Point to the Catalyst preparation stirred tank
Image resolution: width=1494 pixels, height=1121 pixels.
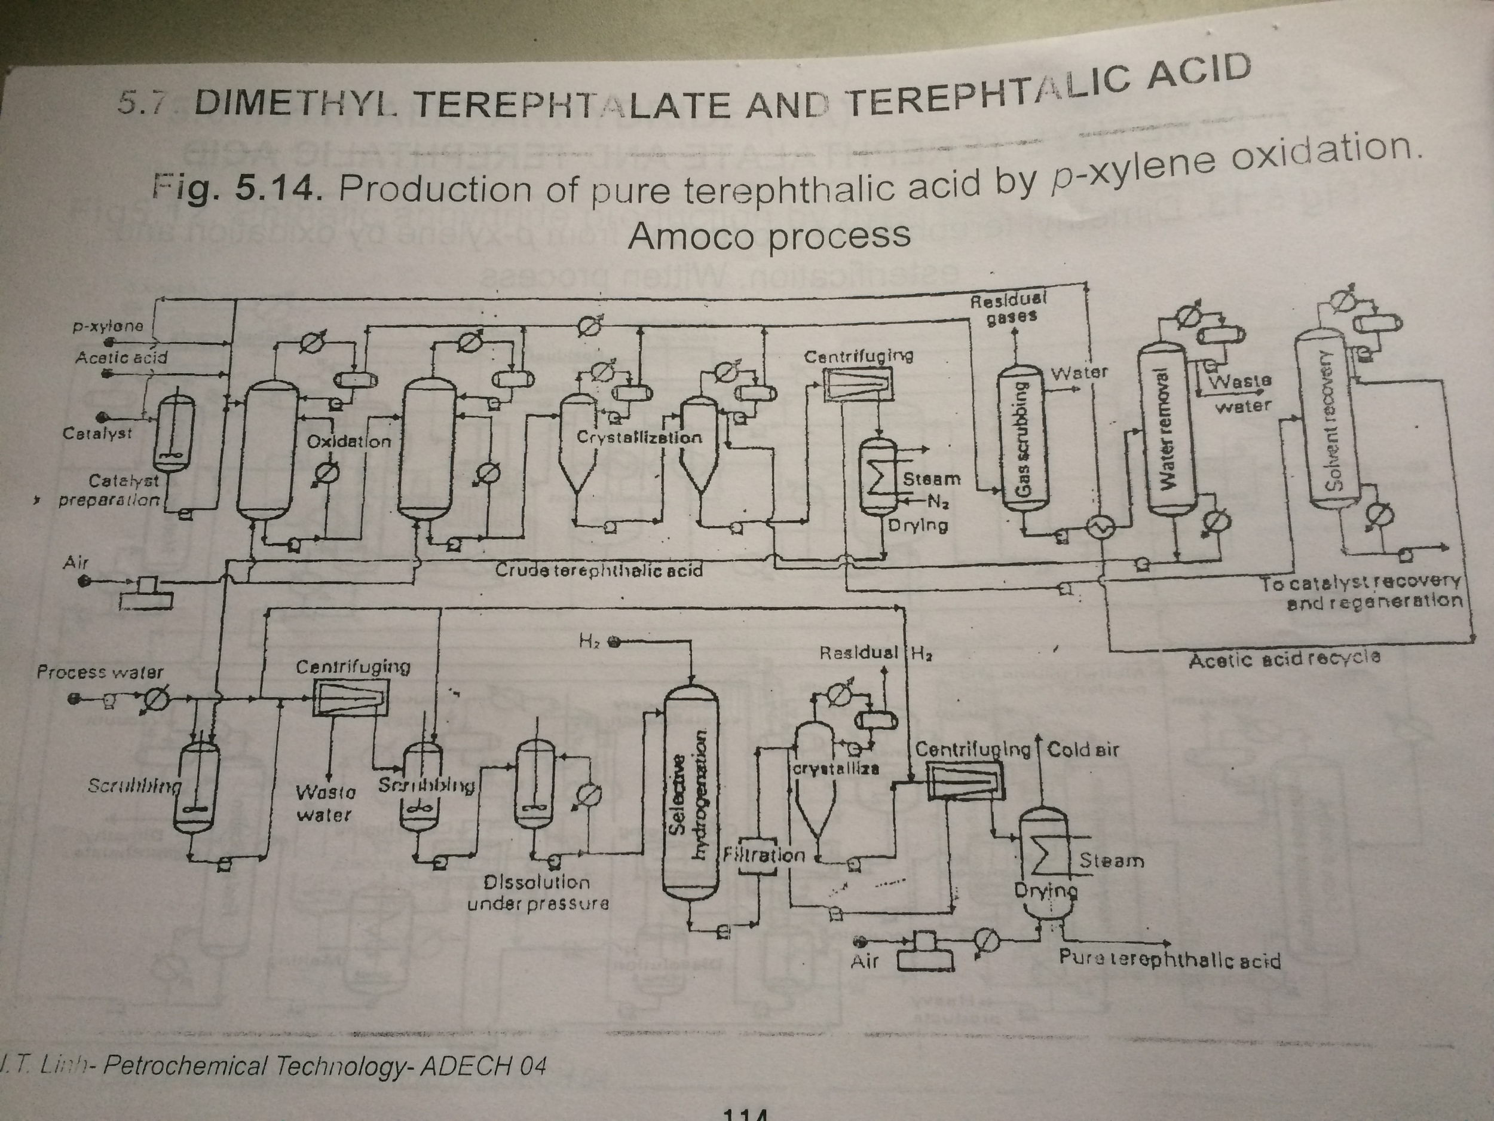click(x=174, y=432)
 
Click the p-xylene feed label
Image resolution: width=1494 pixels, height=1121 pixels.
click(x=108, y=326)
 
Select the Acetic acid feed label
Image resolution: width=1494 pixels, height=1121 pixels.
click(x=121, y=358)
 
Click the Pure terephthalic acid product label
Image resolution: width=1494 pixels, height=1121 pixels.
click(x=1169, y=960)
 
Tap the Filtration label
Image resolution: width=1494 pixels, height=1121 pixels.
click(x=764, y=856)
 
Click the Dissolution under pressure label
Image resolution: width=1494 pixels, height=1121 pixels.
click(x=538, y=893)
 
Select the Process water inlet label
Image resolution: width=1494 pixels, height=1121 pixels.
click(x=100, y=673)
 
